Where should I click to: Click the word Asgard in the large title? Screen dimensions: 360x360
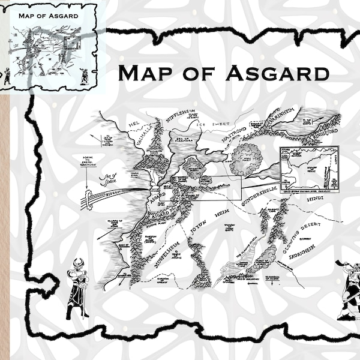tap(277, 73)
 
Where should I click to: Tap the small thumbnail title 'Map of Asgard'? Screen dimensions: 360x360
tap(49, 14)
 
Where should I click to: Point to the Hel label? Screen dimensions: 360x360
tap(134, 124)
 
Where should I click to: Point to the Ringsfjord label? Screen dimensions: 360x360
tap(326, 135)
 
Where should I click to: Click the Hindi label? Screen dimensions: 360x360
tap(315, 197)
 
